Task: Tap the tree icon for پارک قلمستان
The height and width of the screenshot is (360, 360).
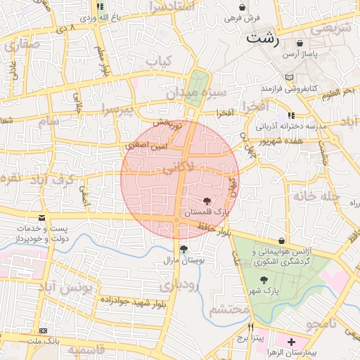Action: (206, 201)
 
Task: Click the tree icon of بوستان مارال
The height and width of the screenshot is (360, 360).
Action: (184, 249)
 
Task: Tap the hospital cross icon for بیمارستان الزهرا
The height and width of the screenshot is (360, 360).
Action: (291, 341)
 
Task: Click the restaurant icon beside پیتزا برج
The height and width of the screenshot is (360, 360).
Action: (250, 327)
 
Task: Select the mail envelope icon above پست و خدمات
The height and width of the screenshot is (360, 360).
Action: (41, 219)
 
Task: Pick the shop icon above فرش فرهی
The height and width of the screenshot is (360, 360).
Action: (243, 6)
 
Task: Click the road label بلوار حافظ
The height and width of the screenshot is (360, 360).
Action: (214, 228)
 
